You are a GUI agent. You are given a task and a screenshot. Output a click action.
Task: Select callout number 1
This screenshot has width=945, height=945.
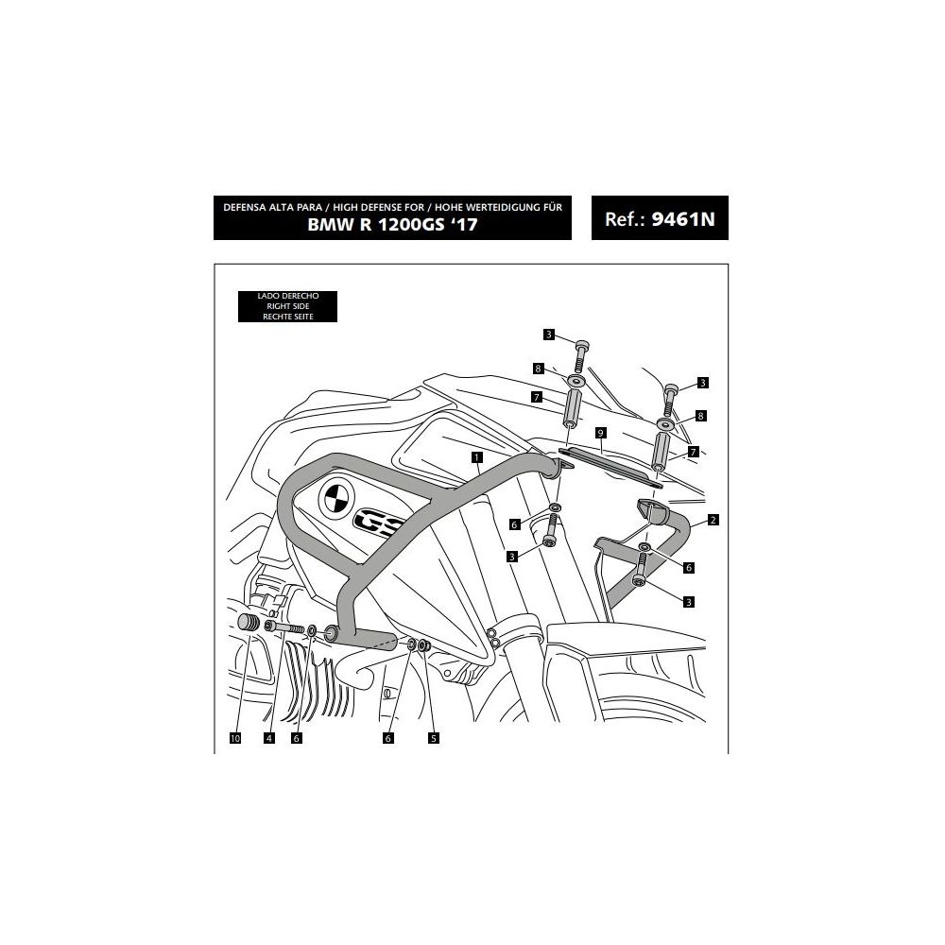[479, 457]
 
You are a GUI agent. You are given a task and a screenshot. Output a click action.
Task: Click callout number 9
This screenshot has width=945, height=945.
[599, 432]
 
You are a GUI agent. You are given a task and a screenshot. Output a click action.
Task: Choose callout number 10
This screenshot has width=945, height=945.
[235, 738]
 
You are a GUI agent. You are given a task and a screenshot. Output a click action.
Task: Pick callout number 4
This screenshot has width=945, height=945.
[269, 738]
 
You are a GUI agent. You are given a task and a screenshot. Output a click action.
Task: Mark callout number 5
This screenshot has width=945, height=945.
[434, 738]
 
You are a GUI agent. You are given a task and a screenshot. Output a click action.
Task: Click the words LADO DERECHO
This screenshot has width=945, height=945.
[287, 297]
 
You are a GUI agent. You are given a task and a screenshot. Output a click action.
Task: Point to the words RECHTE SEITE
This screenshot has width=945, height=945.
[287, 317]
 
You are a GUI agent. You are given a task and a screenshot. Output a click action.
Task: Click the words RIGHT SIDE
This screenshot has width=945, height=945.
[287, 307]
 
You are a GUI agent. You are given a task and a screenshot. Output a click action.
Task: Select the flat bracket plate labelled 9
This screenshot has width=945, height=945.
[610, 466]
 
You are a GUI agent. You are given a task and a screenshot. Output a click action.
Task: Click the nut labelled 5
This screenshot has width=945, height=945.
[425, 645]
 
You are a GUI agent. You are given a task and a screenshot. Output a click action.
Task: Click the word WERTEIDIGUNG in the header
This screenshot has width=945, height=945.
[491, 206]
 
